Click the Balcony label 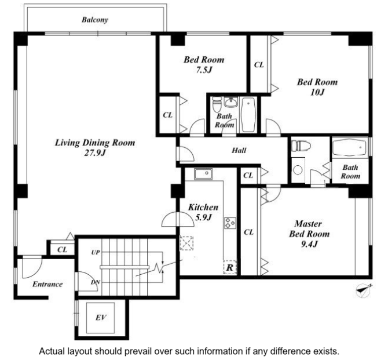pos(95,20)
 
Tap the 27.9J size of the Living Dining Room pos(95,153)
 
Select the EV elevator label pos(101,318)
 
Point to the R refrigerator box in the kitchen pos(230,267)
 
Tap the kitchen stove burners pos(230,223)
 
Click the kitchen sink pos(203,174)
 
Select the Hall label pos(239,150)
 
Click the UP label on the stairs pos(96,252)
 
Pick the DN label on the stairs pos(95,282)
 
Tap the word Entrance pos(47,284)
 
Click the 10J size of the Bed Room pos(317,92)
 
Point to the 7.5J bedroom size pos(204,70)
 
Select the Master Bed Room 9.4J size pos(309,244)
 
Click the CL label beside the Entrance pos(63,249)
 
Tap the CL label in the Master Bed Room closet pos(248,232)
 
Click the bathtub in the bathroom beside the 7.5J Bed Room pos(248,115)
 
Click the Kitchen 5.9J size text pos(203,217)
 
